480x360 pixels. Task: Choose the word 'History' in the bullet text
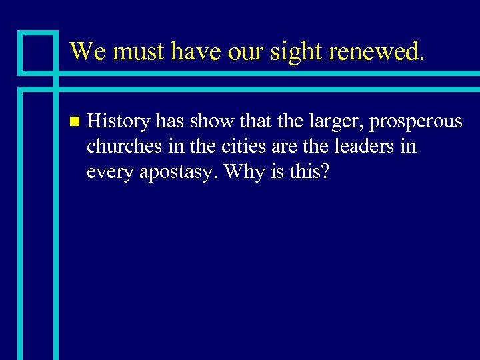[x=119, y=121]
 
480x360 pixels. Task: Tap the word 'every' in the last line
[x=109, y=171]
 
